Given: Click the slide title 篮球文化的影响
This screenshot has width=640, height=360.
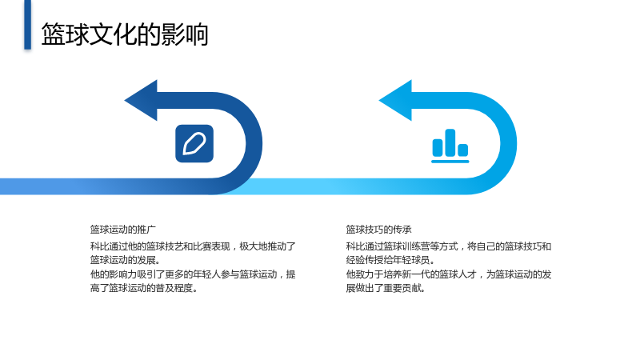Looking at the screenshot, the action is tap(125, 34).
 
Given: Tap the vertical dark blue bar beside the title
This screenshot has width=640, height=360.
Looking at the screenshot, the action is tap(27, 25).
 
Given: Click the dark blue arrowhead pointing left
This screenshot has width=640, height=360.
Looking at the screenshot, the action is tap(142, 101).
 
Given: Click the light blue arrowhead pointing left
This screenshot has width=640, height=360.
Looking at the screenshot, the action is tap(396, 101).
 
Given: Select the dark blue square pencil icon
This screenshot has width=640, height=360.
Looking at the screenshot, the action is tap(194, 144).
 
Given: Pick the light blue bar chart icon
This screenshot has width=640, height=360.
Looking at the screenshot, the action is tap(450, 146).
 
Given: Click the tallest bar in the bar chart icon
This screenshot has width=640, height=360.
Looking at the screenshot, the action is tap(450, 143).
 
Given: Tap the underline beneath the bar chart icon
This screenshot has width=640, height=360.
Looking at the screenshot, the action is tap(450, 162).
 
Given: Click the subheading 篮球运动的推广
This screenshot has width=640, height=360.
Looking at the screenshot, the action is tap(123, 230).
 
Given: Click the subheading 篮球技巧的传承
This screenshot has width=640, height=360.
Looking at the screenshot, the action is tap(378, 230).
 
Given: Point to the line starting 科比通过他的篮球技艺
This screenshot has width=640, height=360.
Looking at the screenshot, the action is tap(193, 246).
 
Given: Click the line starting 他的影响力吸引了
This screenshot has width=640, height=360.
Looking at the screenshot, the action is tap(193, 274).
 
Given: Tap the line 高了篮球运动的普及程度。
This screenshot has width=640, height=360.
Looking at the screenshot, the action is tap(144, 288).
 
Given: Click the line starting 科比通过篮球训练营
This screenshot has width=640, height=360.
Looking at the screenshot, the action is tap(449, 246).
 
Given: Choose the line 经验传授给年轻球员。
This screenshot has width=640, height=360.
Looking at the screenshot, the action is tap(391, 260).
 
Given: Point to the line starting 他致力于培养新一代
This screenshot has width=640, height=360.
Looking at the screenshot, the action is tap(449, 274).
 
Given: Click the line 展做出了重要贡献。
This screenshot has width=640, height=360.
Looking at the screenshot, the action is tap(386, 288).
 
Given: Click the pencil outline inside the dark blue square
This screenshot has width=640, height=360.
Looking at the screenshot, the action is tap(194, 144).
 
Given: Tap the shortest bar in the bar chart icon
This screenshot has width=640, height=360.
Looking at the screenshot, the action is tap(463, 150).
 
